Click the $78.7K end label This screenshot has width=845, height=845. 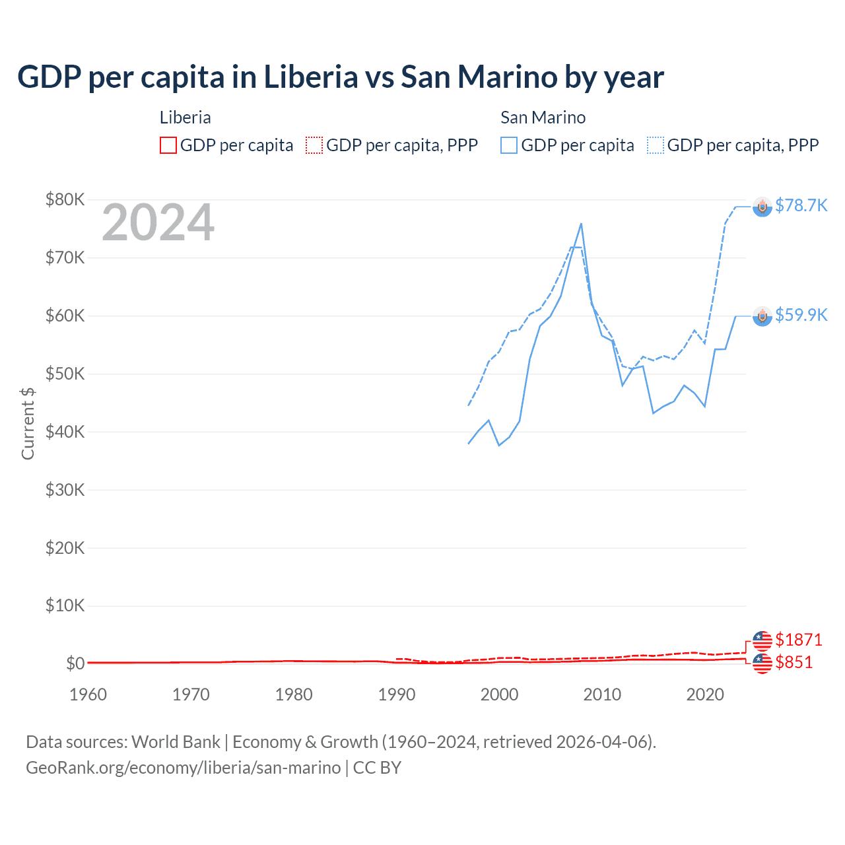coord(801,205)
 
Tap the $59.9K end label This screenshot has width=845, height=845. coord(801,315)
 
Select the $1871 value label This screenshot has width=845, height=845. coord(798,640)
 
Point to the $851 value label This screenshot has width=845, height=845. coord(794,662)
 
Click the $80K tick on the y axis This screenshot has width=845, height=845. coord(65,199)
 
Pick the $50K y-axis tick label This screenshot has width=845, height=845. coord(65,374)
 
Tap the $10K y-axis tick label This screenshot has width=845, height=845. coord(65,605)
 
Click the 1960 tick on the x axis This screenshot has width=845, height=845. coord(88,694)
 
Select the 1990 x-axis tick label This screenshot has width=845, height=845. coord(397,694)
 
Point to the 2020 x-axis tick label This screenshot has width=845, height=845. coord(705,694)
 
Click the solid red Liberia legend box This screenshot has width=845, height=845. coord(168,145)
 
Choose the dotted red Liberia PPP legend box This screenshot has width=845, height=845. coord(314,145)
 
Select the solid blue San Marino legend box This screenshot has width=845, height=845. coord(509,145)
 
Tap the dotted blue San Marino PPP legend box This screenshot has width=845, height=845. coord(656,145)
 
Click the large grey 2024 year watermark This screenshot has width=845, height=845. coord(158,222)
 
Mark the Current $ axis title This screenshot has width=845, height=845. coord(28,423)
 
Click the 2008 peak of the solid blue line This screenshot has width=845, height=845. coord(581,224)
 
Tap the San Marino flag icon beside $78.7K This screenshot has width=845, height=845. coord(762,207)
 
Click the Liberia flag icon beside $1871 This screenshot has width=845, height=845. coord(762,640)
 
